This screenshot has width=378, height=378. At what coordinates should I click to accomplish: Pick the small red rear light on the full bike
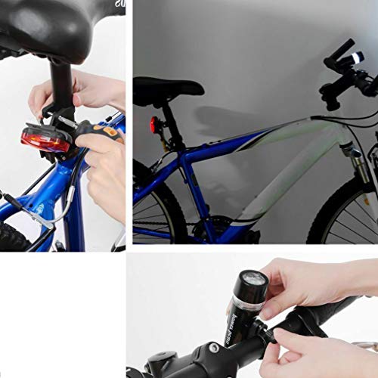click(x=154, y=124)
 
